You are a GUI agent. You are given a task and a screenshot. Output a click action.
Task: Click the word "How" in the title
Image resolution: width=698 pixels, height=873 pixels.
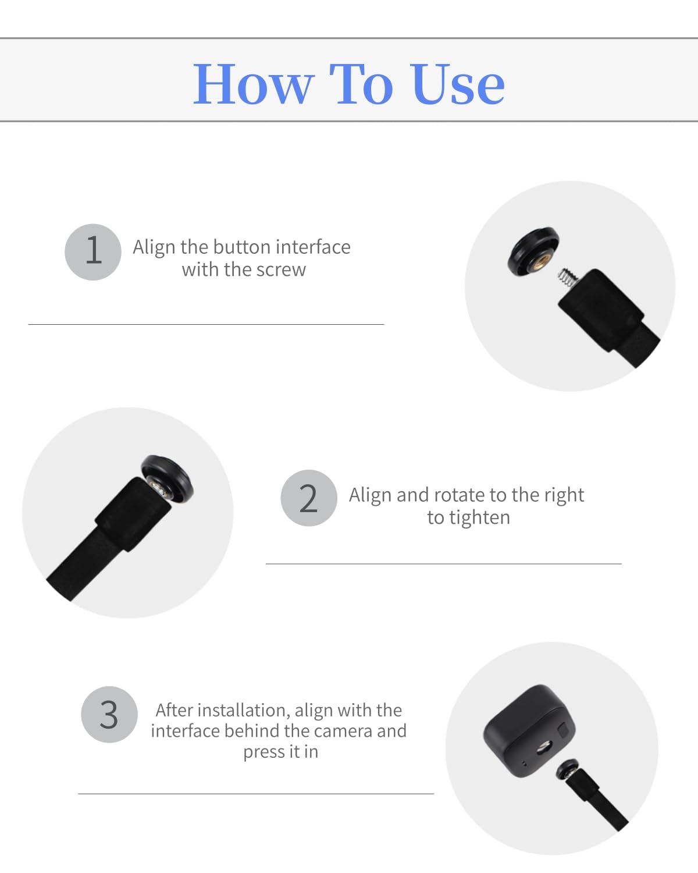click(254, 84)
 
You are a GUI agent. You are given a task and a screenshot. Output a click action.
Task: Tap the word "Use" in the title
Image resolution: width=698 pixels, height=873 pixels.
click(458, 84)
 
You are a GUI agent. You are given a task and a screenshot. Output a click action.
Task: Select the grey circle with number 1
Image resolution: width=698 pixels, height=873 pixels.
click(93, 252)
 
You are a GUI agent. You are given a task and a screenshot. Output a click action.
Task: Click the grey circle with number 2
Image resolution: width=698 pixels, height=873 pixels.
click(309, 498)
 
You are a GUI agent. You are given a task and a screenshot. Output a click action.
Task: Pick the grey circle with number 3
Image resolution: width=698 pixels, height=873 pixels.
click(109, 714)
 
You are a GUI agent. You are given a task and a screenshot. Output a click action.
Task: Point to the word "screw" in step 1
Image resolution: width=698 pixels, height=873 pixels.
click(282, 270)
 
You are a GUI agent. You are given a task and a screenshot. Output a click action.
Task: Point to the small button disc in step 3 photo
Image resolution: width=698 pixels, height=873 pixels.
click(567, 769)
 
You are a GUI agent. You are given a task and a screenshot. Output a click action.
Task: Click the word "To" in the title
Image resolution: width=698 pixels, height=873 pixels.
click(361, 84)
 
